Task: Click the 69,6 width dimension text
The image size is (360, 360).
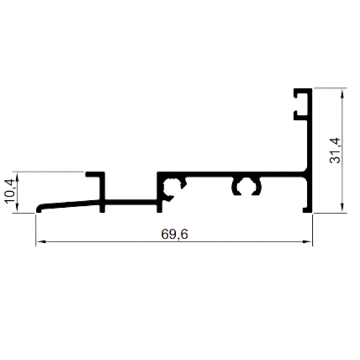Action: [175, 234]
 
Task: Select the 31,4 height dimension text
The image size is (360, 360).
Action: [335, 151]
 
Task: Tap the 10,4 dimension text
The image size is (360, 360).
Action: [10, 191]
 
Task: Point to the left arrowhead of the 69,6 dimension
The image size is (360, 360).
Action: [42, 242]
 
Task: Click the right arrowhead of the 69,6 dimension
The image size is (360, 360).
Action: [307, 242]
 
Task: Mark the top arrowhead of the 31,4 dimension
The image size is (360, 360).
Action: [342, 93]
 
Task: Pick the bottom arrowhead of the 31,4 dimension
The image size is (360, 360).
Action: [342, 208]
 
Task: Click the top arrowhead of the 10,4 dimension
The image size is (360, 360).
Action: [17, 176]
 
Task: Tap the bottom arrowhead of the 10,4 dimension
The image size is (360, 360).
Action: [17, 208]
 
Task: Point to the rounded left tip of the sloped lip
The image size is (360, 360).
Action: [38, 208]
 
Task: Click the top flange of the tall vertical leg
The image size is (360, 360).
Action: [303, 91]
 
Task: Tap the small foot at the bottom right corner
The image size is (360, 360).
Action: [306, 210]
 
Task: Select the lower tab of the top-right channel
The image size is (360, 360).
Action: [301, 118]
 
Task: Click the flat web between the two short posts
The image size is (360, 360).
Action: [131, 202]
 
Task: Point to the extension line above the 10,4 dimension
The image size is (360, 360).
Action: [48, 171]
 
